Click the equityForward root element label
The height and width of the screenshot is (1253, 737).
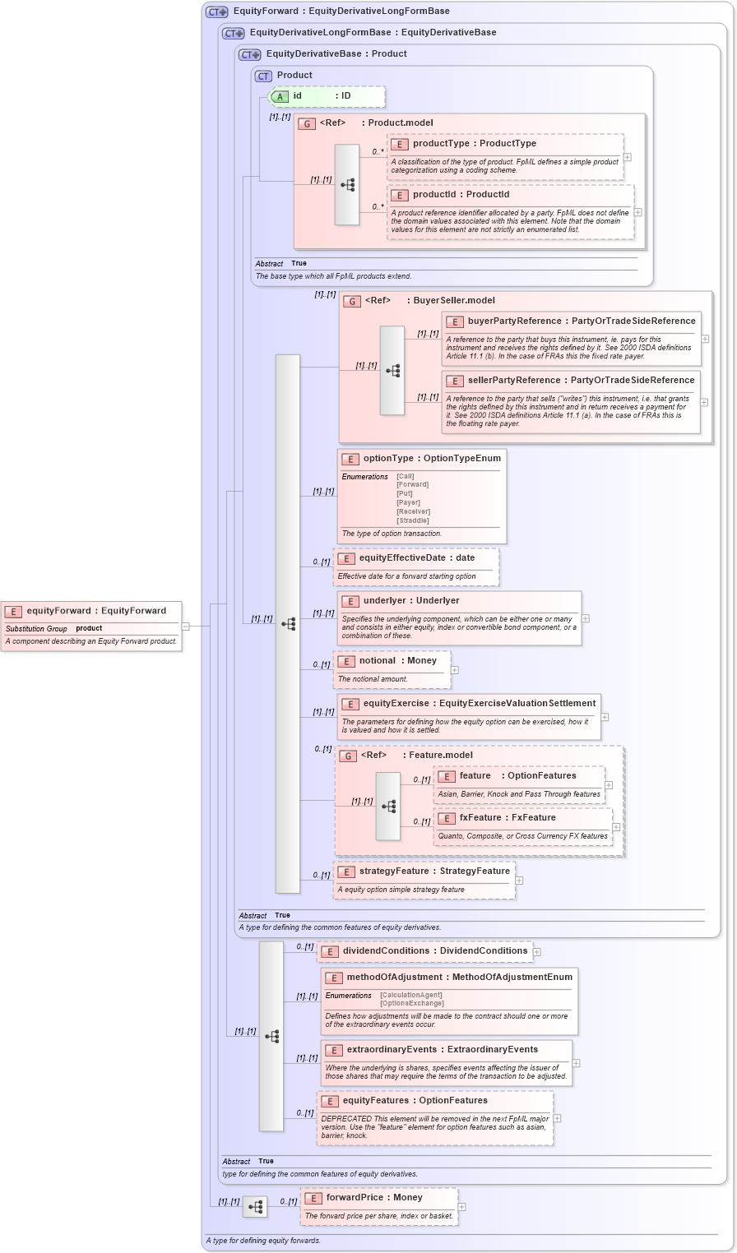(x=95, y=611)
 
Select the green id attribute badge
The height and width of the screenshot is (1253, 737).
(x=280, y=97)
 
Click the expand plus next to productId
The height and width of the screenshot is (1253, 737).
(x=637, y=212)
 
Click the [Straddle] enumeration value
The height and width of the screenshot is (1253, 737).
(x=412, y=520)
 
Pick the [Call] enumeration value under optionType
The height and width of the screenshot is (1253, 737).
(x=405, y=476)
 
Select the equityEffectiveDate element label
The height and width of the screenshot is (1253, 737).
(x=416, y=557)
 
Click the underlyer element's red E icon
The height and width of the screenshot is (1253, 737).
(x=350, y=601)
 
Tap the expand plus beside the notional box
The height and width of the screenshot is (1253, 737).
(x=454, y=670)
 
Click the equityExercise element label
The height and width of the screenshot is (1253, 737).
(x=479, y=703)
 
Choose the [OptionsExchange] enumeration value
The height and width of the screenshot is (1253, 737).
(x=411, y=1003)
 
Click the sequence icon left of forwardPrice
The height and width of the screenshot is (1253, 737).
(x=255, y=1207)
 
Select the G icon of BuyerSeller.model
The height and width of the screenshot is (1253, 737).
(x=352, y=301)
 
